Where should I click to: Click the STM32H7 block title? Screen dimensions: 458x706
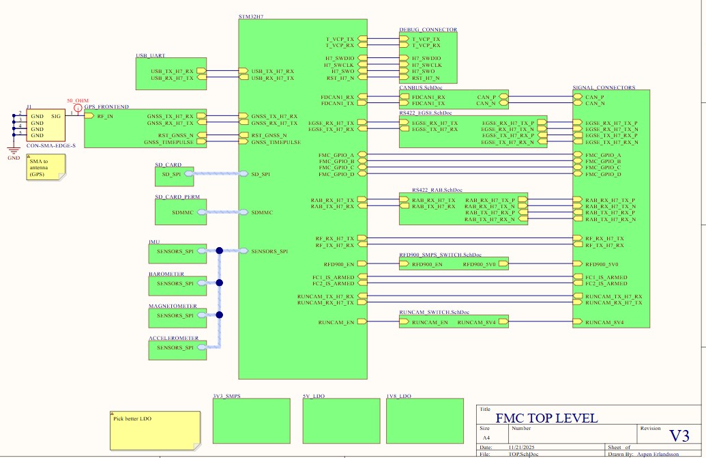point(251,15)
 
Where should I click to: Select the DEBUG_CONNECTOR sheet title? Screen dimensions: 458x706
point(428,30)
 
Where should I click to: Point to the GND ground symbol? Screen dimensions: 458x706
point(13,151)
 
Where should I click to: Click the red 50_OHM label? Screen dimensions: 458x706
point(77,100)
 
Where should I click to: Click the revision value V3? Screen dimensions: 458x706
point(678,436)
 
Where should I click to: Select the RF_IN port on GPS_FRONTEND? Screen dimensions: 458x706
point(104,117)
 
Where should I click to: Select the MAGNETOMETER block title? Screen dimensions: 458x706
point(173,306)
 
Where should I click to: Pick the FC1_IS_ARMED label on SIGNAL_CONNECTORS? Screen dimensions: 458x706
point(606,277)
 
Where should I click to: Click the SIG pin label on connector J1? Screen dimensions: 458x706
point(57,117)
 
